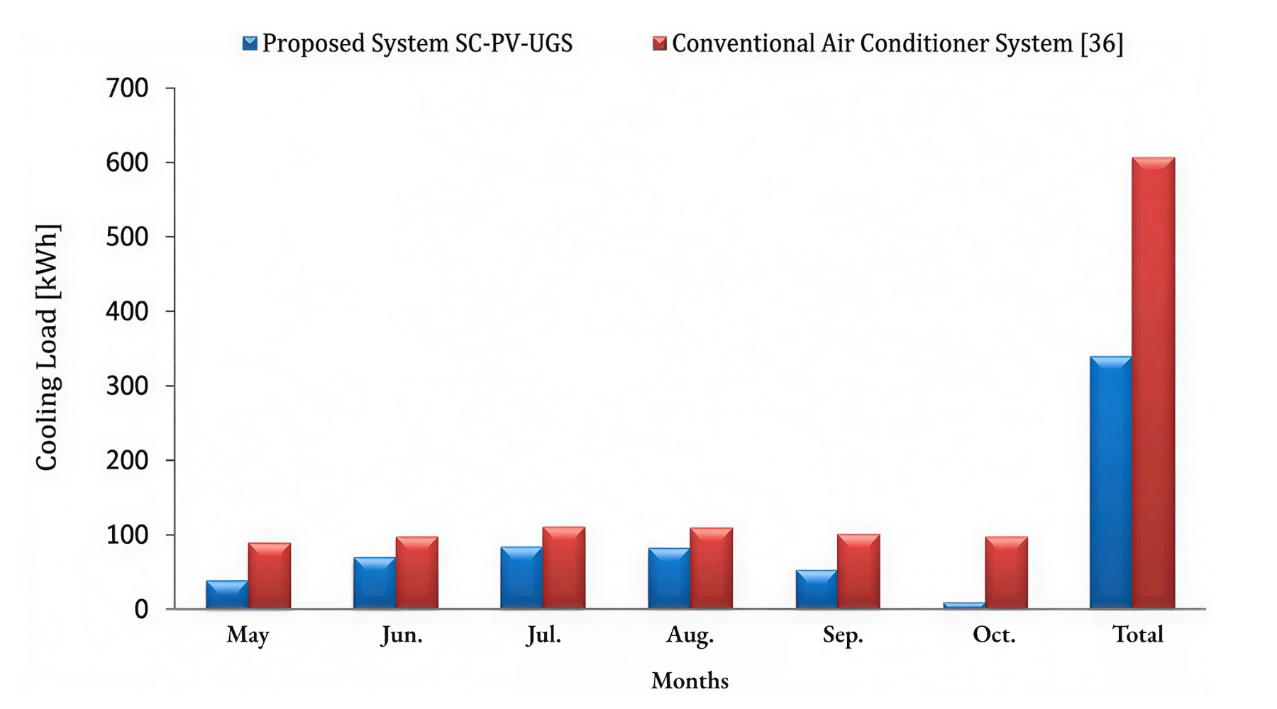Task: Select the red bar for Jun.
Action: tap(417, 573)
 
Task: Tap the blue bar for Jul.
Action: tap(521, 578)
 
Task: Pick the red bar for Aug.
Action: tap(712, 569)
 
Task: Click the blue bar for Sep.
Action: tap(817, 589)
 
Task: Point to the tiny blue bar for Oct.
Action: tap(964, 605)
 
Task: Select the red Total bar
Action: tap(1154, 383)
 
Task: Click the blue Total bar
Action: tap(1111, 482)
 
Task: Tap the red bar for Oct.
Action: tap(1006, 573)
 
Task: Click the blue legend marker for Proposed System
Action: tap(250, 43)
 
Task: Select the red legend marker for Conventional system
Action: tap(660, 43)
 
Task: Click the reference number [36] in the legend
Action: tap(1102, 44)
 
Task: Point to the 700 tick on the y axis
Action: tap(127, 89)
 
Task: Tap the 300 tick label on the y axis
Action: tap(127, 386)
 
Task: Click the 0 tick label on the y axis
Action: tap(141, 610)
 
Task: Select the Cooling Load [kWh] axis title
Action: tap(48, 347)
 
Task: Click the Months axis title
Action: tap(690, 681)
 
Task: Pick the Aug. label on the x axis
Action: tap(690, 635)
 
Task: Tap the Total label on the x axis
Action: tap(1137, 634)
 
